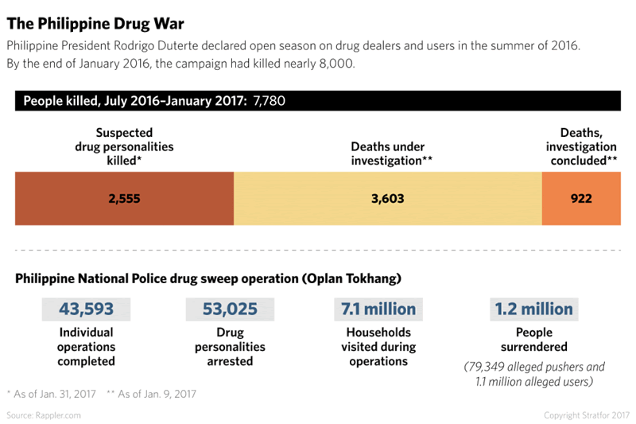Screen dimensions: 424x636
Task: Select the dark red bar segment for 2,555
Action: point(124,198)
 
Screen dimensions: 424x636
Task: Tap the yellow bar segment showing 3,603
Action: point(387,198)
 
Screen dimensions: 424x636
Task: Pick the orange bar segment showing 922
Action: point(581,198)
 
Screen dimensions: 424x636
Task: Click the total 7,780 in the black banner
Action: point(270,101)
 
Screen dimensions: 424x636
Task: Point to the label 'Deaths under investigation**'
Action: point(387,154)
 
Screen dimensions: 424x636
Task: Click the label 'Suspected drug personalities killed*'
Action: point(124,147)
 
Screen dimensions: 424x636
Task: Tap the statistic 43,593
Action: point(86,309)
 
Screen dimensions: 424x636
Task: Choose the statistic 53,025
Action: point(230,309)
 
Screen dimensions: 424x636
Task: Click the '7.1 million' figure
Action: point(378,309)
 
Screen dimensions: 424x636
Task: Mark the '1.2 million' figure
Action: point(533,309)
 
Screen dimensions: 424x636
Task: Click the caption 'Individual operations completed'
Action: point(86,347)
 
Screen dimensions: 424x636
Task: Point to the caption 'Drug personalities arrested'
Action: point(230,347)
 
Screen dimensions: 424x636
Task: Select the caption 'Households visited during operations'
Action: point(378,347)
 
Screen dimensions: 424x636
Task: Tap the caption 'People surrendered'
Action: point(533,340)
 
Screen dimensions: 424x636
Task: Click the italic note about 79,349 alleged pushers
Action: point(533,374)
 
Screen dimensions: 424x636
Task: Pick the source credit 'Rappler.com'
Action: point(44,415)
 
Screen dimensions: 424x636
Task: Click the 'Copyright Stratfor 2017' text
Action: point(586,415)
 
